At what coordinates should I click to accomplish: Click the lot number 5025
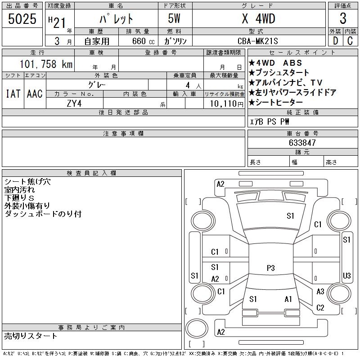(22, 19)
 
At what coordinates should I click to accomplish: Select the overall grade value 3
(343, 18)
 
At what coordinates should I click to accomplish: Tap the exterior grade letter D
(335, 41)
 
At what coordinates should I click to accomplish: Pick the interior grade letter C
(350, 41)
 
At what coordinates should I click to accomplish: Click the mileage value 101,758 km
(46, 64)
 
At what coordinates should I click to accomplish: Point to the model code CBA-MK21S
(257, 41)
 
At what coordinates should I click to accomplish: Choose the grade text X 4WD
(258, 18)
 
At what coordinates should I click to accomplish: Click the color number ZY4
(74, 103)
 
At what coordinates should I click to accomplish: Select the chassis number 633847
(302, 143)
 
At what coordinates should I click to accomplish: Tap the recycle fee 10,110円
(227, 104)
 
